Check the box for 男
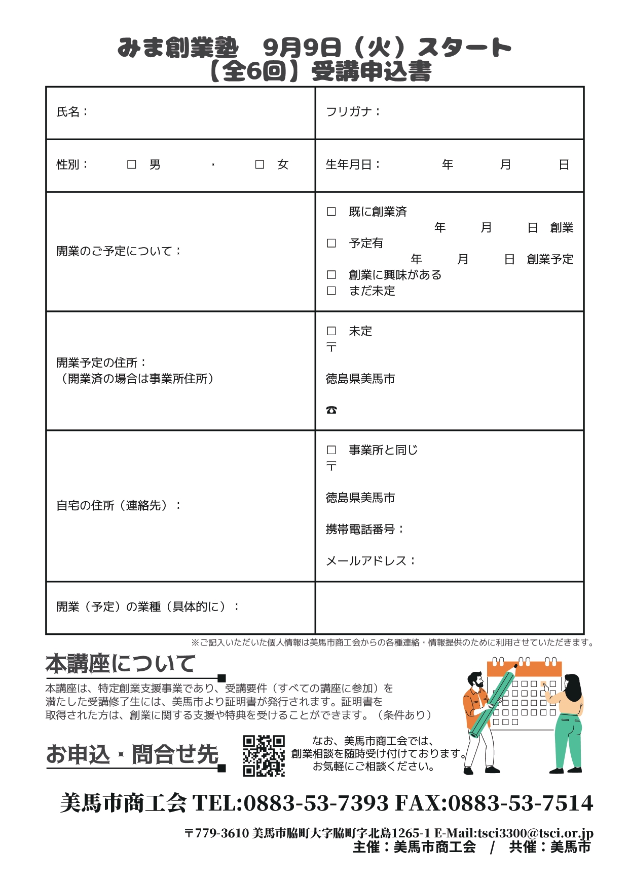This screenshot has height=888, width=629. [132, 165]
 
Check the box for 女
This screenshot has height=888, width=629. [260, 165]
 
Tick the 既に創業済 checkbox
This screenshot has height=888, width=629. [331, 212]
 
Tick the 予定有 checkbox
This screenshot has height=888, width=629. [331, 244]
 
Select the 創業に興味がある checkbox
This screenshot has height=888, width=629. [331, 275]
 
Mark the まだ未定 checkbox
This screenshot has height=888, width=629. [331, 291]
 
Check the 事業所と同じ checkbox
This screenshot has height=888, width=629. [331, 450]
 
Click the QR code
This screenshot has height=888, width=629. [264, 755]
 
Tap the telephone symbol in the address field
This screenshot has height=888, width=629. [331, 410]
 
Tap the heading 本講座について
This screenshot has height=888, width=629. [121, 664]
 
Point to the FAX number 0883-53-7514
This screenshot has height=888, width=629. [521, 803]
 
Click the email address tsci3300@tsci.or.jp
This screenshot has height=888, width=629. [535, 833]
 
